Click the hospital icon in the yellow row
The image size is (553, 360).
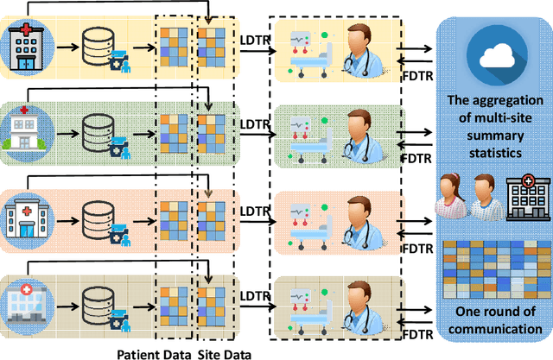pos(27,44)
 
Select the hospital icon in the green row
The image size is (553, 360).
pos(27,129)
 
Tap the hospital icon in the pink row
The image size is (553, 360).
pos(27,212)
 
